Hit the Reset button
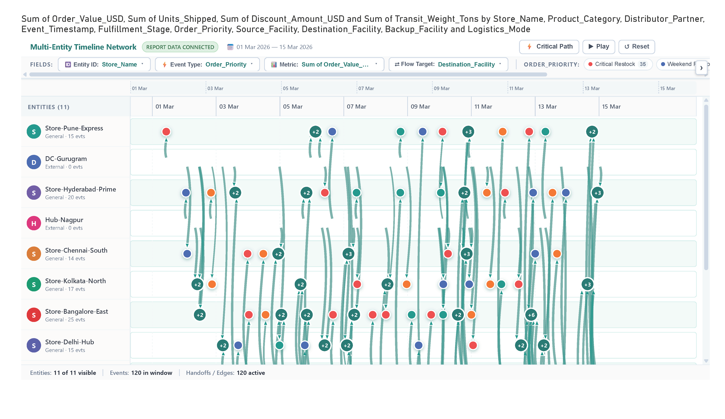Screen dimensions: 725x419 point(636,47)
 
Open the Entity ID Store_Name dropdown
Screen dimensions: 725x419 point(104,64)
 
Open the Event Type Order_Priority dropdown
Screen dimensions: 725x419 point(207,64)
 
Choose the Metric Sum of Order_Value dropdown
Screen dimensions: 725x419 point(324,64)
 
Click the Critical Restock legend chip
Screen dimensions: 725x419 point(618,64)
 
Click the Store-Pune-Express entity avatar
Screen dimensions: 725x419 point(34,132)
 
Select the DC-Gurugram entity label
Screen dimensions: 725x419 point(66,159)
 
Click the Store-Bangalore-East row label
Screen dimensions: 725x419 point(77,311)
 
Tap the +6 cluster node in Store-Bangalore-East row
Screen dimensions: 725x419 point(531,315)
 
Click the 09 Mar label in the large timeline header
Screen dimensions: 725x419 point(420,107)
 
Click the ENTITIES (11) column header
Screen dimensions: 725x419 point(49,107)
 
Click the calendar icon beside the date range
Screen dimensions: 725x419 point(230,47)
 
